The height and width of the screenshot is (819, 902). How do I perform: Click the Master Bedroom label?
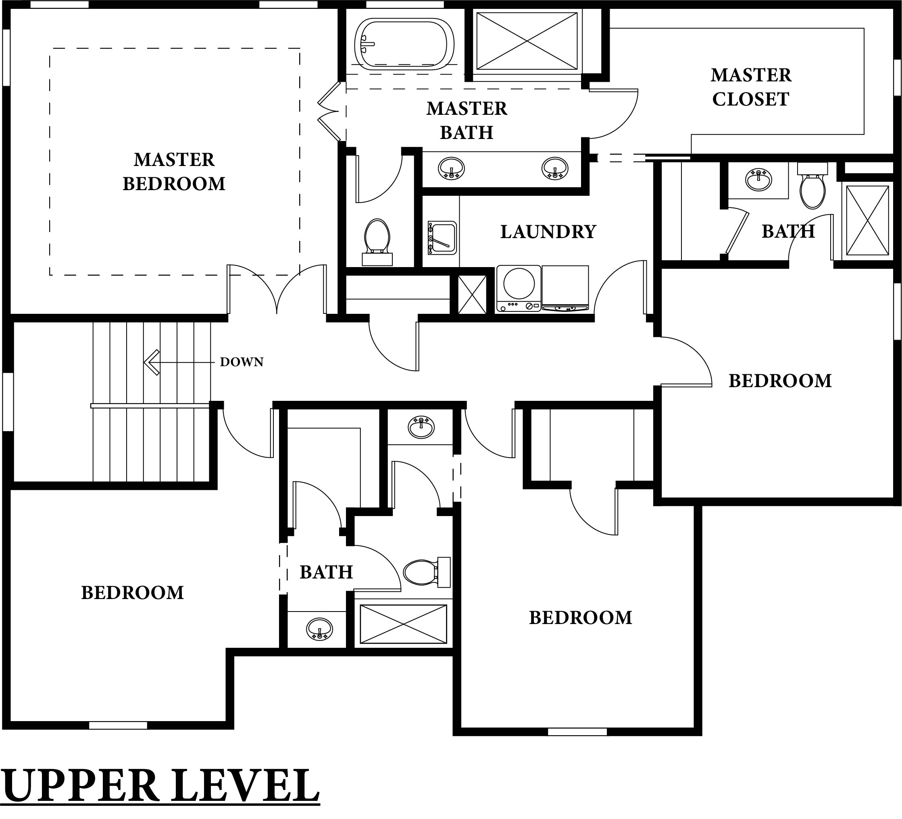(174, 172)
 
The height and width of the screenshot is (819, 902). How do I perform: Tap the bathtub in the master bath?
(404, 44)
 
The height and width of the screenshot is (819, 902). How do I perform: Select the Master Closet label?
(751, 87)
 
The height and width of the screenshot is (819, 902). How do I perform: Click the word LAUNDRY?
(548, 232)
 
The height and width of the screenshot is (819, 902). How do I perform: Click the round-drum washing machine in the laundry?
(519, 288)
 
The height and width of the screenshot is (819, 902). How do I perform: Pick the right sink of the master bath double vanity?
(555, 168)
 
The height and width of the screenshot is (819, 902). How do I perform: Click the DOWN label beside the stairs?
(242, 362)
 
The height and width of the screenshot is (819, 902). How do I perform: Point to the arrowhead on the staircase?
(151, 362)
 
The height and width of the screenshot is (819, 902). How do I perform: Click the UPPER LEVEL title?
(160, 786)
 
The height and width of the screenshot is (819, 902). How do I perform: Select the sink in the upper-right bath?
(758, 180)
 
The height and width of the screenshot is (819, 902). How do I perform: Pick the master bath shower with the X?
(527, 41)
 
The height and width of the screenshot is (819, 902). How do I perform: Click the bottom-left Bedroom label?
(132, 592)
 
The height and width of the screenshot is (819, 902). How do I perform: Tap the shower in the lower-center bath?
(404, 624)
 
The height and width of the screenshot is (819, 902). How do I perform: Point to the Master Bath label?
(467, 121)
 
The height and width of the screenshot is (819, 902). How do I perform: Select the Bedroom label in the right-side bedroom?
(780, 381)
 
